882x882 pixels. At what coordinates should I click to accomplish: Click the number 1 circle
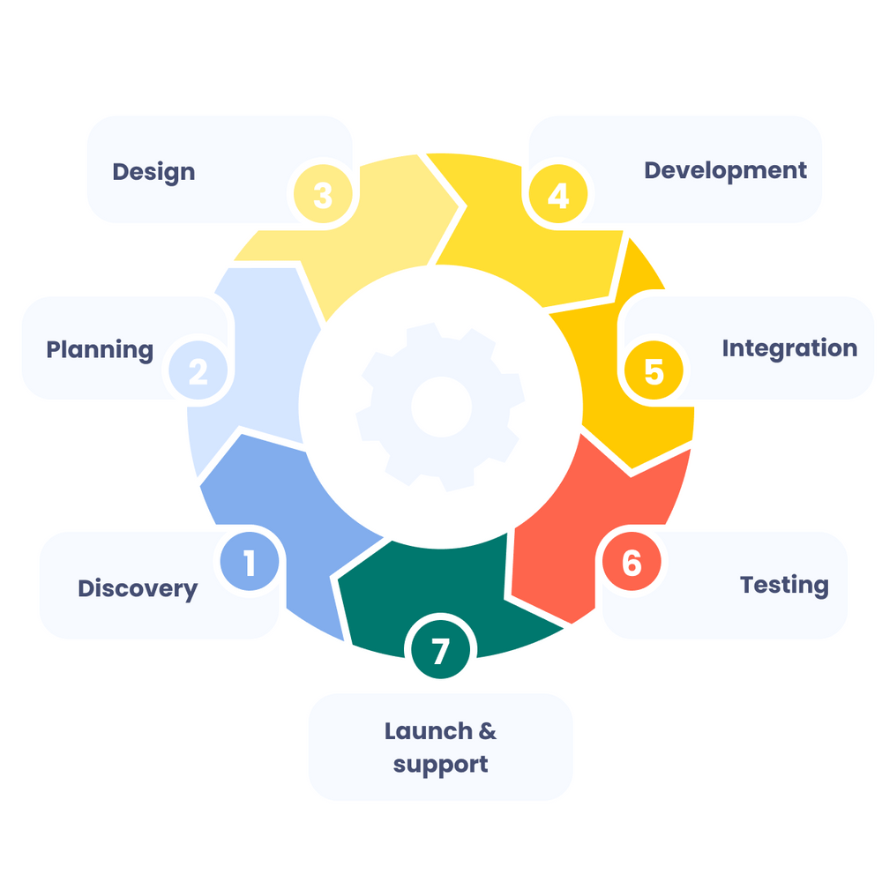250,562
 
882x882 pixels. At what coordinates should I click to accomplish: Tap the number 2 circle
198,371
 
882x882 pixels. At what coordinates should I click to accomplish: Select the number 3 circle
323,195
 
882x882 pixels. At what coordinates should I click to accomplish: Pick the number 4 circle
558,195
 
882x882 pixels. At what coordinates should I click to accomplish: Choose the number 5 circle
654,371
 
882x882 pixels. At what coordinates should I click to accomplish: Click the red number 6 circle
632,563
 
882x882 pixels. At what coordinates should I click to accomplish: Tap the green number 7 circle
440,651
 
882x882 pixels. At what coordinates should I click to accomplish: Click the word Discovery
138,588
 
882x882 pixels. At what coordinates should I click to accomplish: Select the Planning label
100,349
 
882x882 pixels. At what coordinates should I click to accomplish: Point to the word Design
153,171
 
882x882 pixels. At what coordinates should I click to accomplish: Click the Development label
725,170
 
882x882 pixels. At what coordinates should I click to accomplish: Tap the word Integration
789,348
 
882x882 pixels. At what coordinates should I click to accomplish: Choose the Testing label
784,585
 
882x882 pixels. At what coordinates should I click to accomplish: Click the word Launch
428,731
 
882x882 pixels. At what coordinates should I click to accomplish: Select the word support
440,764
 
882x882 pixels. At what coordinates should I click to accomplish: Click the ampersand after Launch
487,731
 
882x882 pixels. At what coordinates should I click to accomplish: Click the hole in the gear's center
441,407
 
